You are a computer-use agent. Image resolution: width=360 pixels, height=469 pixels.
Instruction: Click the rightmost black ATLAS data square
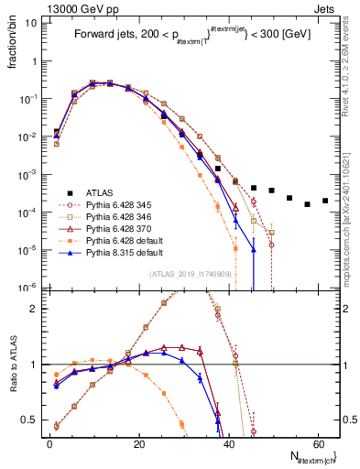point(325,201)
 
